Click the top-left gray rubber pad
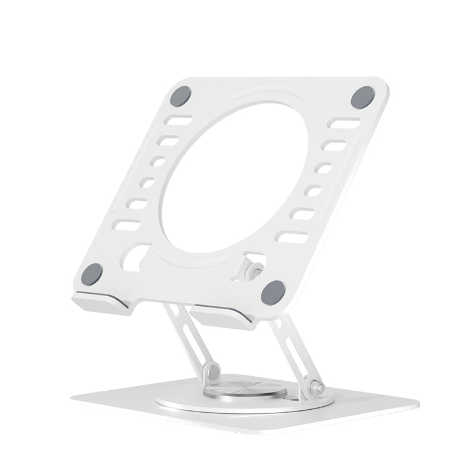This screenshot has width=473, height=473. click(180, 96)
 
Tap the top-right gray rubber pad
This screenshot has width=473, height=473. click(362, 97)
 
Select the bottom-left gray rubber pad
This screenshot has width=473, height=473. click(92, 274)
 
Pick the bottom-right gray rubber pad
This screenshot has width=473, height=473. click(273, 292)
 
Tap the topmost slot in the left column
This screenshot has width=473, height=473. click(178, 121)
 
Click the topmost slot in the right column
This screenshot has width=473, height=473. click(344, 123)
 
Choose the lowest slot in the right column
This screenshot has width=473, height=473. click(292, 237)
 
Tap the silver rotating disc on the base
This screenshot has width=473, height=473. click(245, 390)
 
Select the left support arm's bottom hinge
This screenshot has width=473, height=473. click(212, 372)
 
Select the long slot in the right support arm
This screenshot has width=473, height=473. click(292, 349)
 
